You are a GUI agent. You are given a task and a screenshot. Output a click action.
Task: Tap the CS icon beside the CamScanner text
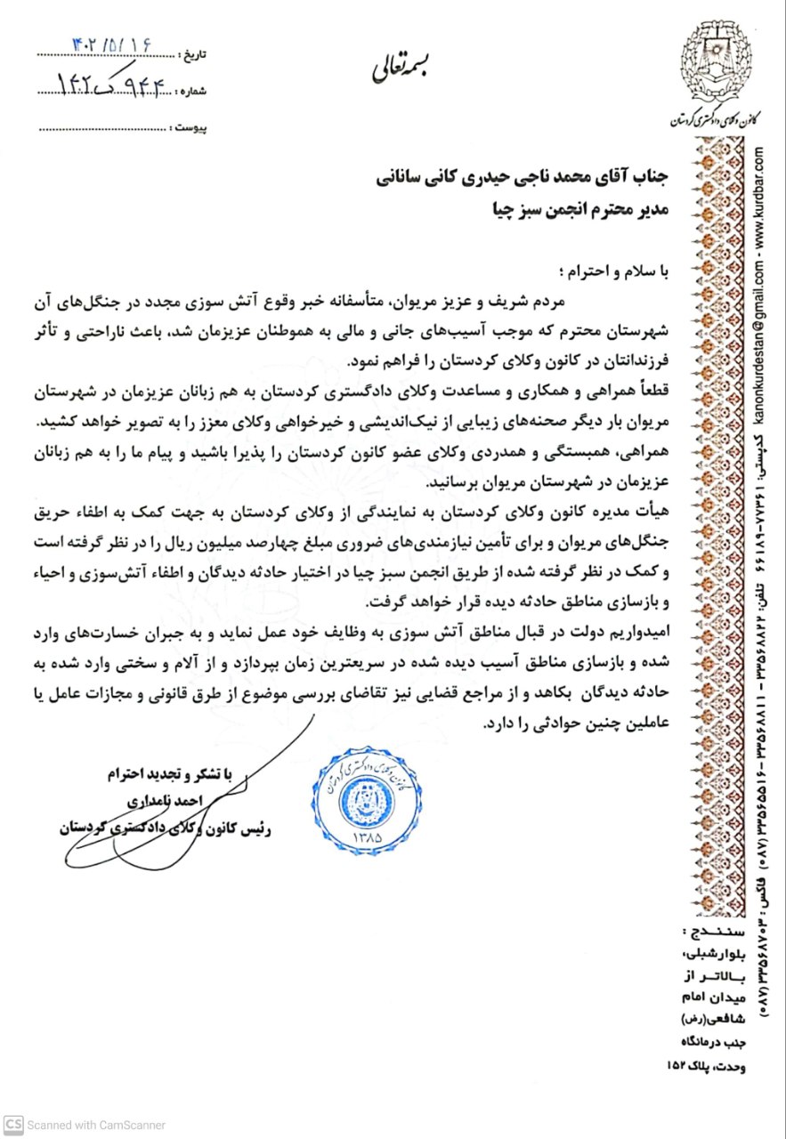[x=12, y=1125]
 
